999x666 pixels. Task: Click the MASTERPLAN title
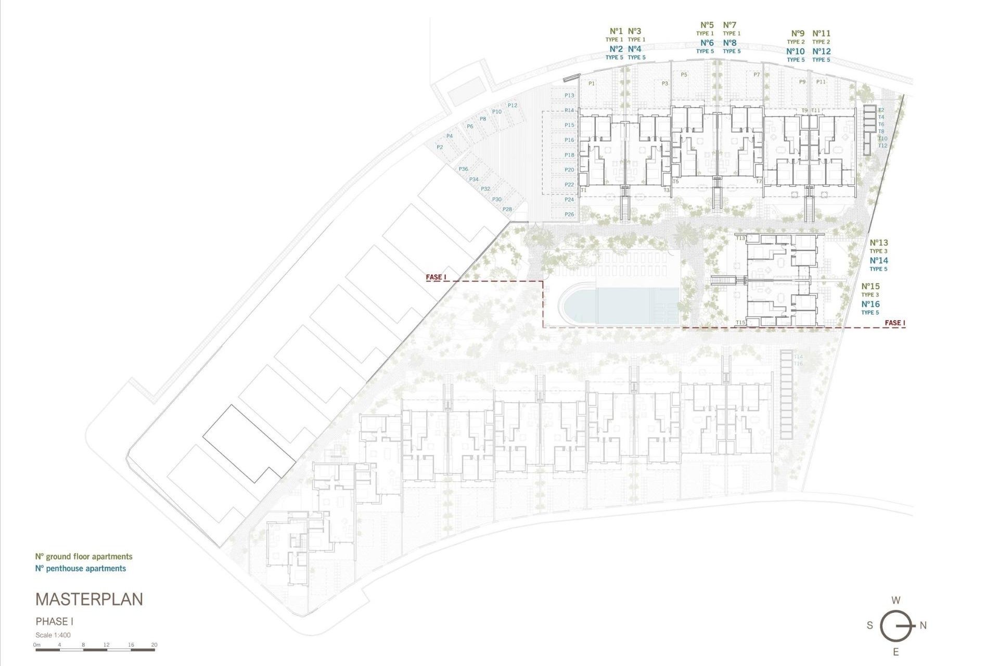point(89,599)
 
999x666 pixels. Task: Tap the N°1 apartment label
point(616,31)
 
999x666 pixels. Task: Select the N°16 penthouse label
point(870,304)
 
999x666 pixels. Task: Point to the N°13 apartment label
point(879,243)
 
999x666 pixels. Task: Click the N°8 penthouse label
point(729,43)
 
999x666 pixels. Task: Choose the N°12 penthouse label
point(822,52)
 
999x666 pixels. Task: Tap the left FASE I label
point(436,277)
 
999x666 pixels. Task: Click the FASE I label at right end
point(895,323)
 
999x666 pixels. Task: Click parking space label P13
point(569,96)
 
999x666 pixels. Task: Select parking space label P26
point(569,214)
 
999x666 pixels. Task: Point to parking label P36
point(463,169)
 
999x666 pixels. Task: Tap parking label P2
point(440,147)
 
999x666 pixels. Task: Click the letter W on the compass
point(896,600)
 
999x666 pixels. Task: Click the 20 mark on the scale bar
point(154,645)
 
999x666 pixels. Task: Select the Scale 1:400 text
point(53,635)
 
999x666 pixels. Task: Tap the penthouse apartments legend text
point(81,569)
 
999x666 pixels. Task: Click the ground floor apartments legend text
point(84,557)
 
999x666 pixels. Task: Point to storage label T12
point(882,146)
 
